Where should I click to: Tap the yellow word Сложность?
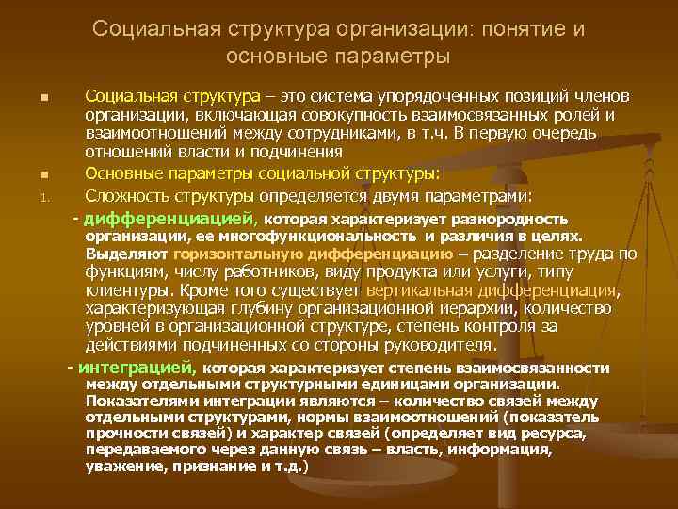127,196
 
